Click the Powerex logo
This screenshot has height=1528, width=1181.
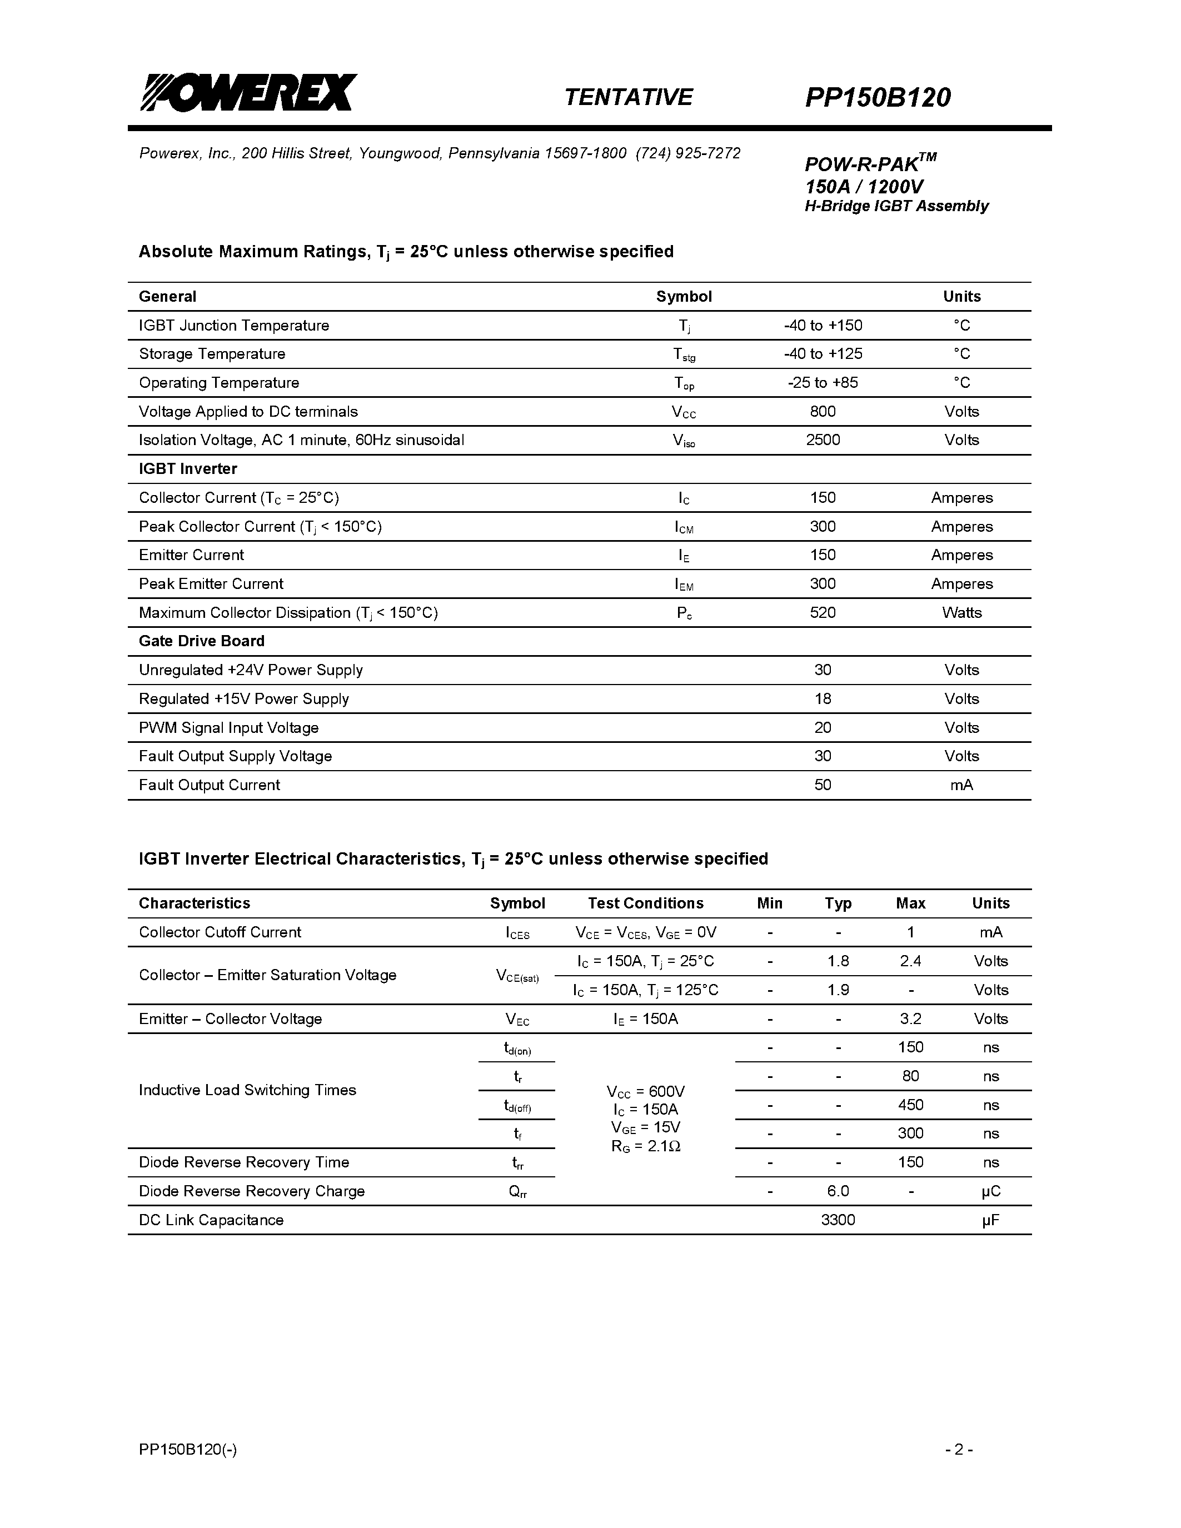[248, 92]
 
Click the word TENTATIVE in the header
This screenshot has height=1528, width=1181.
[627, 97]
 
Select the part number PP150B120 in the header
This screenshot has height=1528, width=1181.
[878, 97]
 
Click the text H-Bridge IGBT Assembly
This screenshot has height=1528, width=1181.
[896, 206]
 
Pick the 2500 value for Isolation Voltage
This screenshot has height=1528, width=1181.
[823, 440]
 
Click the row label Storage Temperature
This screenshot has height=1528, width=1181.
[212, 354]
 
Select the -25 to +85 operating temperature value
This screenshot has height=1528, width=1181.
[823, 383]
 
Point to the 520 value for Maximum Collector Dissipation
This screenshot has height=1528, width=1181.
[823, 613]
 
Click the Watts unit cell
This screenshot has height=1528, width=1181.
[961, 613]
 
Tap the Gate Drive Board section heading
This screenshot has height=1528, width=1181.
[202, 642]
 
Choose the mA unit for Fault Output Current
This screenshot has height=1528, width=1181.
[961, 785]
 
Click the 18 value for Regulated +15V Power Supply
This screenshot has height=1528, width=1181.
[823, 699]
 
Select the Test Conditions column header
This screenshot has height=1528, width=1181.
[645, 903]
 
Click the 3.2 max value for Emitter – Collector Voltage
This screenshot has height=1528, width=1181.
[910, 1018]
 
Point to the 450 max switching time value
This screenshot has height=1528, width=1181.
[910, 1105]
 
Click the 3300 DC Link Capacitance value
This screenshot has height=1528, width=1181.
[838, 1220]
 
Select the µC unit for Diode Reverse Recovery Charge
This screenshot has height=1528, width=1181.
[991, 1191]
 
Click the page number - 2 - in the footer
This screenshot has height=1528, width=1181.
[959, 1450]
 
